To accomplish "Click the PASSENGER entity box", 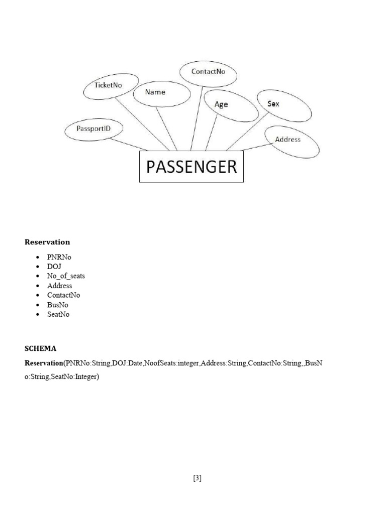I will point(191,167).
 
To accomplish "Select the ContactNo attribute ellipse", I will point(208,73).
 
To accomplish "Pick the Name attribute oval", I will point(161,93).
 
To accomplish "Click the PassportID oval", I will point(94,130).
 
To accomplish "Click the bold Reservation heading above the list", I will point(47,242).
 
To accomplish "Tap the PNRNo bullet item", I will point(59,257).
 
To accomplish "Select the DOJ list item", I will point(54,267).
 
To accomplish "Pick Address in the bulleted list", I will point(59,286).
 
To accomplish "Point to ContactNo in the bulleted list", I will point(63,295).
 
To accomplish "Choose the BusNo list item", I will point(57,305).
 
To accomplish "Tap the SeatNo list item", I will point(58,314).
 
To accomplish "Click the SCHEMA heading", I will point(41,348).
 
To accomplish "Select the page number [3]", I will point(197,478).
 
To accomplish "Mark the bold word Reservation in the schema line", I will point(44,362).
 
